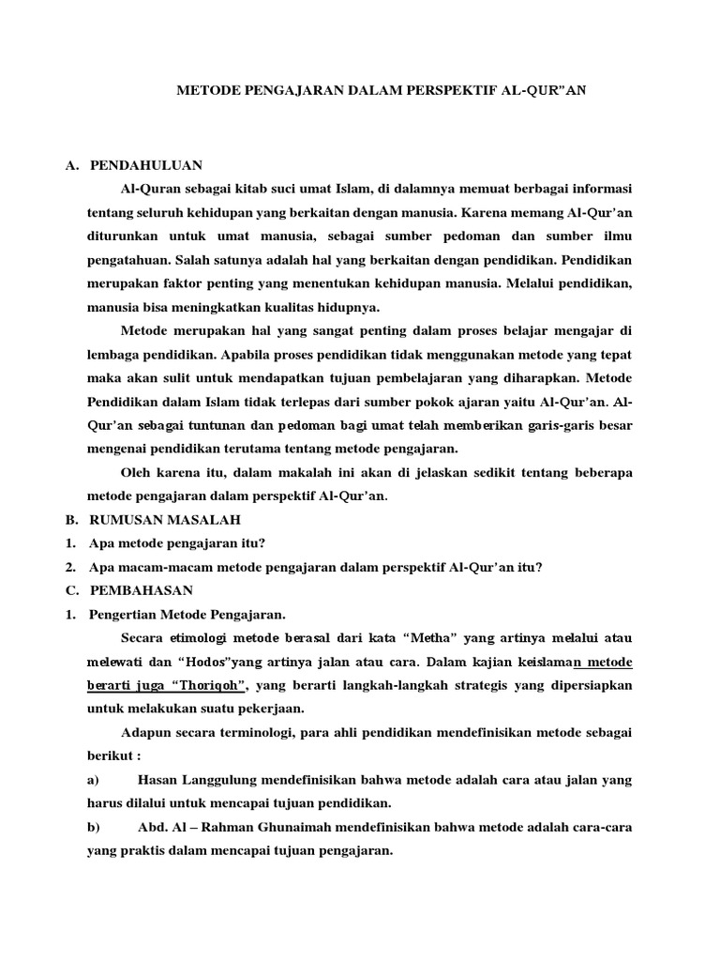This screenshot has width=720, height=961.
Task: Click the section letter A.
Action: pos(70,166)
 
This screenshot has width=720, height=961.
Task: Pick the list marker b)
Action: pos(93,828)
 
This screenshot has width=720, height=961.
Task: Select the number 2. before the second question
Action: pos(70,567)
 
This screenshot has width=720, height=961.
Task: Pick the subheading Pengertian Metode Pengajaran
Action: pos(187,615)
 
